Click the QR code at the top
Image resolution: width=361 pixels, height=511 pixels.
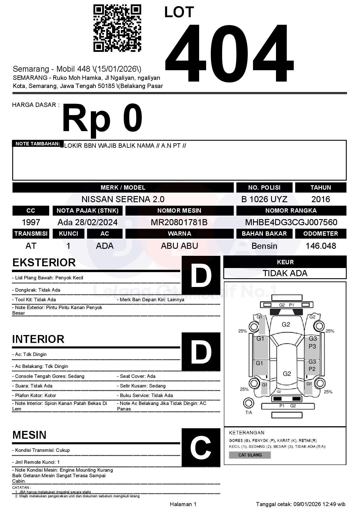[x=117, y=28]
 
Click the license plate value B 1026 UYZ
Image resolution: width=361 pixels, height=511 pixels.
[x=264, y=199]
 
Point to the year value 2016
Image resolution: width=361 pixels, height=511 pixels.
[x=321, y=199]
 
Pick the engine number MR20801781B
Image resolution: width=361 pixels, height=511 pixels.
[x=179, y=222]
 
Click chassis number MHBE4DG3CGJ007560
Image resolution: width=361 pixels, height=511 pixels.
[x=291, y=222]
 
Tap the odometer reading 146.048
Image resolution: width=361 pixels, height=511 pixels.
[x=321, y=246]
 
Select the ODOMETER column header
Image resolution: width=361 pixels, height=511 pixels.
[x=321, y=234]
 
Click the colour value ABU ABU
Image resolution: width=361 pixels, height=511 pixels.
[x=179, y=246]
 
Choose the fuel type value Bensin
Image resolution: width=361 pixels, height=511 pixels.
[x=264, y=246]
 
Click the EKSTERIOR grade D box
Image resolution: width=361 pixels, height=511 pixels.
[x=201, y=275]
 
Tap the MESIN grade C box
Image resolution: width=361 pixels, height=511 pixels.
[x=201, y=447]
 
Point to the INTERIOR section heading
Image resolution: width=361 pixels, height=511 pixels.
[x=38, y=339]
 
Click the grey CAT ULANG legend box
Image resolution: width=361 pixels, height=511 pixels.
[x=250, y=455]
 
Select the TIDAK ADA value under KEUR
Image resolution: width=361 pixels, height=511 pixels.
[x=285, y=273]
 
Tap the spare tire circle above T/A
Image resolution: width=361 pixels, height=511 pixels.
[x=249, y=403]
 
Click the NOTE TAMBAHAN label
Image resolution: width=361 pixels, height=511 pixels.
[x=38, y=144]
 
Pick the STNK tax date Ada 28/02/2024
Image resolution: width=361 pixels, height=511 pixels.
[x=87, y=222]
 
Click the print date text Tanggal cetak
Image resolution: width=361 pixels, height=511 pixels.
[x=300, y=504]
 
